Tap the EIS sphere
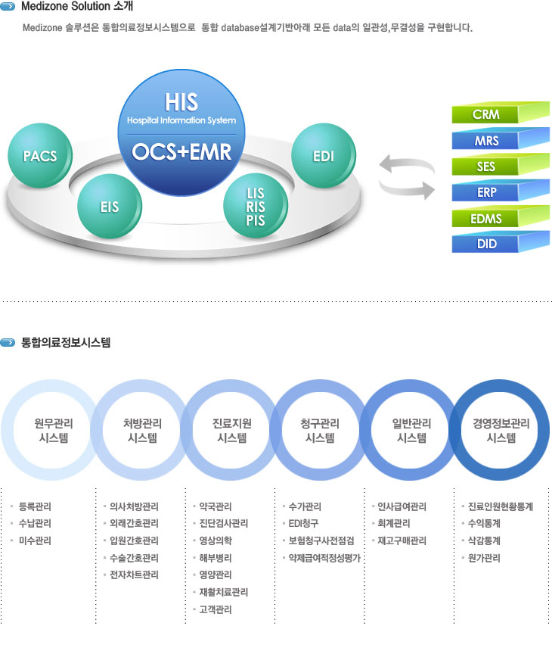pos(110,205)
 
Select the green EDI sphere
pos(323,157)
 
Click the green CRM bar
pos(485,116)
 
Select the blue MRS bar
pos(485,141)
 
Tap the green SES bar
pos(485,167)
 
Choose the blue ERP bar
pos(485,192)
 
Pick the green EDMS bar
pos(485,219)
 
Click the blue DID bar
pos(485,245)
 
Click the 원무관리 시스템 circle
pos(52,430)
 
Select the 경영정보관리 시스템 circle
pos(501,430)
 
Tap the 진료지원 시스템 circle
pos(231,430)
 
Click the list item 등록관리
pos(35,506)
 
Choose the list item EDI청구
pos(303,524)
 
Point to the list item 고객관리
pos(215,609)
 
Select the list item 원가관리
pos(483,558)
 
